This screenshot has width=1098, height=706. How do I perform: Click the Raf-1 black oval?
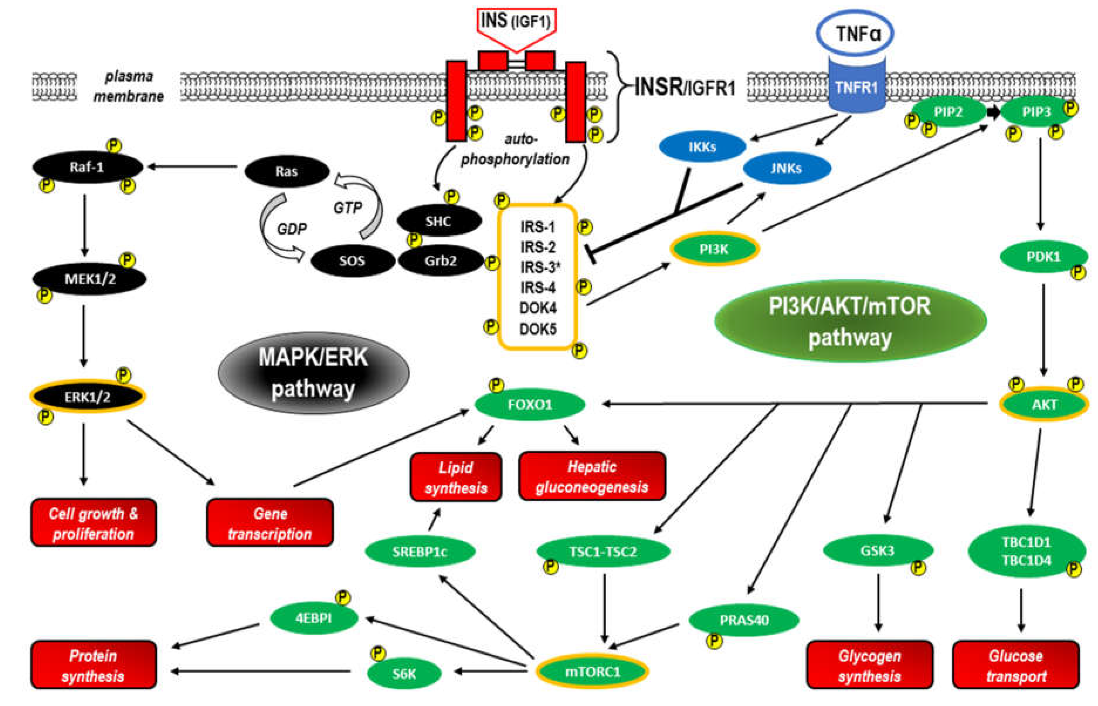[87, 167]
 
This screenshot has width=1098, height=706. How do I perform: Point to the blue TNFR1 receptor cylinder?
[856, 87]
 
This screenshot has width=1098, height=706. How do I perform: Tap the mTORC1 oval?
[592, 672]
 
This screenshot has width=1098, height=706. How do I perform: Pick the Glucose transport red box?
[1016, 666]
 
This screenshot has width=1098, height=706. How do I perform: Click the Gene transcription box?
[270, 523]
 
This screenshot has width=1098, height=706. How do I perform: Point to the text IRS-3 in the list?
[537, 267]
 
